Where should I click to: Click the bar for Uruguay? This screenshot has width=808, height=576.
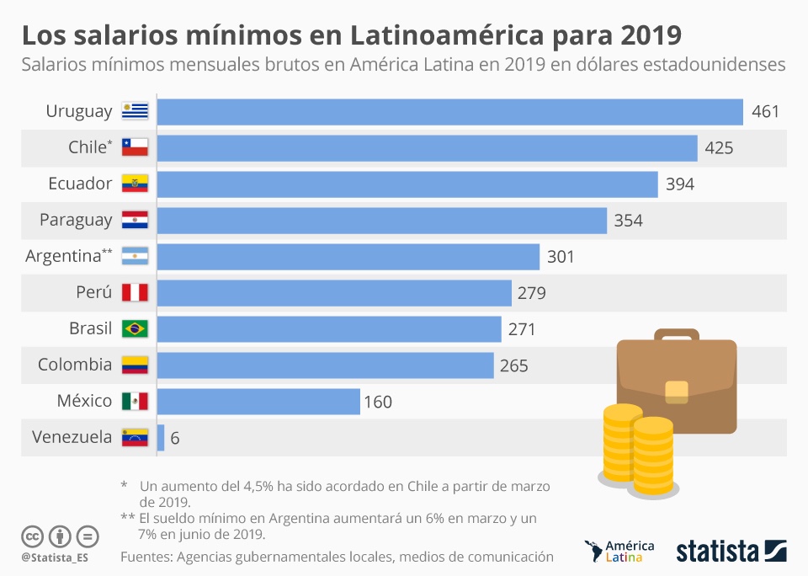click(449, 112)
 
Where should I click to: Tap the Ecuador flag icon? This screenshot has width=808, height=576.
click(135, 184)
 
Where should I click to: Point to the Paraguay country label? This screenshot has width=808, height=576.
click(76, 220)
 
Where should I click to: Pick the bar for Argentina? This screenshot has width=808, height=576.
click(348, 256)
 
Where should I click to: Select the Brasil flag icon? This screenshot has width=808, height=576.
click(135, 328)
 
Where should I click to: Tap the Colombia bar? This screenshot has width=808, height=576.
click(325, 365)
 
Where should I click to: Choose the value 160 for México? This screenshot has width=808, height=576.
click(378, 402)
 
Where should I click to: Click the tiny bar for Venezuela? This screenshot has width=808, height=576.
click(161, 438)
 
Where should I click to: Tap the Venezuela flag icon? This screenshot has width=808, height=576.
click(135, 438)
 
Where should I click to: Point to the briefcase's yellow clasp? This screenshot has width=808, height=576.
click(677, 390)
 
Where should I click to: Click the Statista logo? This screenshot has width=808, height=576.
click(731, 552)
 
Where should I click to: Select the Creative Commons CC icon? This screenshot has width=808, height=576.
click(32, 536)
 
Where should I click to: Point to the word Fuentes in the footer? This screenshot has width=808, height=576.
click(146, 557)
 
